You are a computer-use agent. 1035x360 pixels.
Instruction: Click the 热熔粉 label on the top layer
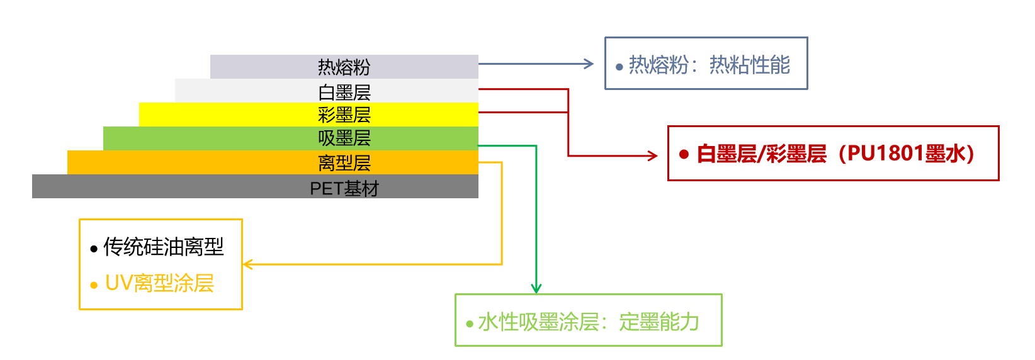coord(344,67)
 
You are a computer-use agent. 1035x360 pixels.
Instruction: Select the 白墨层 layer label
coord(344,92)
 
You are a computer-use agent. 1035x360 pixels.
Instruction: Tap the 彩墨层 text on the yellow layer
coord(344,115)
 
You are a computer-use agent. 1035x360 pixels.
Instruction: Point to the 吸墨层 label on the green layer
coord(344,138)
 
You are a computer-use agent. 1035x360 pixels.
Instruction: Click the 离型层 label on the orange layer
coord(344,163)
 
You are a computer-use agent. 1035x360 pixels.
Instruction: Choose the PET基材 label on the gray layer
coord(344,188)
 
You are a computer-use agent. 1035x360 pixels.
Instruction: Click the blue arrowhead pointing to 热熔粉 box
coord(589,64)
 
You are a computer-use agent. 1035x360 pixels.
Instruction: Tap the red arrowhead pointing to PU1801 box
coord(653,155)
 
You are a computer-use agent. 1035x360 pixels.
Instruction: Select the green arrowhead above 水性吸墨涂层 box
coord(536,289)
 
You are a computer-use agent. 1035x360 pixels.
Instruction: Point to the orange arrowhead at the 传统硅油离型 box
coord(248,264)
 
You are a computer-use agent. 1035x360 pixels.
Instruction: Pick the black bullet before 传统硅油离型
coord(94,249)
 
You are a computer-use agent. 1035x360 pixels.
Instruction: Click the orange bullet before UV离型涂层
coord(94,286)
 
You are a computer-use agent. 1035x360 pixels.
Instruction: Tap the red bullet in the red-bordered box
coord(684,154)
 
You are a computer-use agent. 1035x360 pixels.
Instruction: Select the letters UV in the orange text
coord(118,283)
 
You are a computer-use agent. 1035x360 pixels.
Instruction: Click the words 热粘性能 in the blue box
coord(749,65)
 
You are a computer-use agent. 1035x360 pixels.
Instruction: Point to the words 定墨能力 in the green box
coord(659,322)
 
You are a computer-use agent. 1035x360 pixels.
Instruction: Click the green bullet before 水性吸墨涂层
coord(469,324)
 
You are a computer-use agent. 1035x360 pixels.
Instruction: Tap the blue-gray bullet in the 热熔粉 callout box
coord(619,67)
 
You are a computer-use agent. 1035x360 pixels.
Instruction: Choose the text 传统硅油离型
coord(164,247)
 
